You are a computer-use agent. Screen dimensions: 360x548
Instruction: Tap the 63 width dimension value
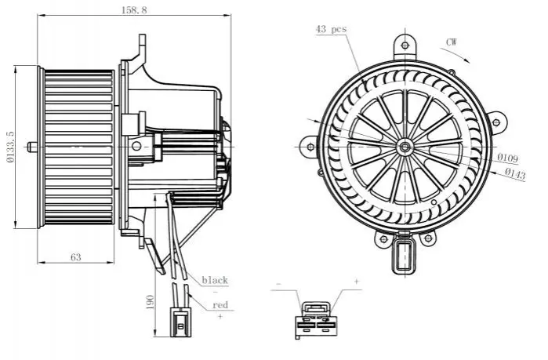click(x=76, y=256)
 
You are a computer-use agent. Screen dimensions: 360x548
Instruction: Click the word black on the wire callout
click(x=214, y=280)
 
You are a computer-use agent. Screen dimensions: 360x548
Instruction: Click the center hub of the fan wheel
click(x=405, y=147)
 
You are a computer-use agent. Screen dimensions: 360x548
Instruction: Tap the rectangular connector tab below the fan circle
click(x=405, y=256)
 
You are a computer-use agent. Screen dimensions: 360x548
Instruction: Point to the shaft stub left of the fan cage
click(x=31, y=146)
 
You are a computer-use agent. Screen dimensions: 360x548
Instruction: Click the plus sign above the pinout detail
click(x=356, y=280)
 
